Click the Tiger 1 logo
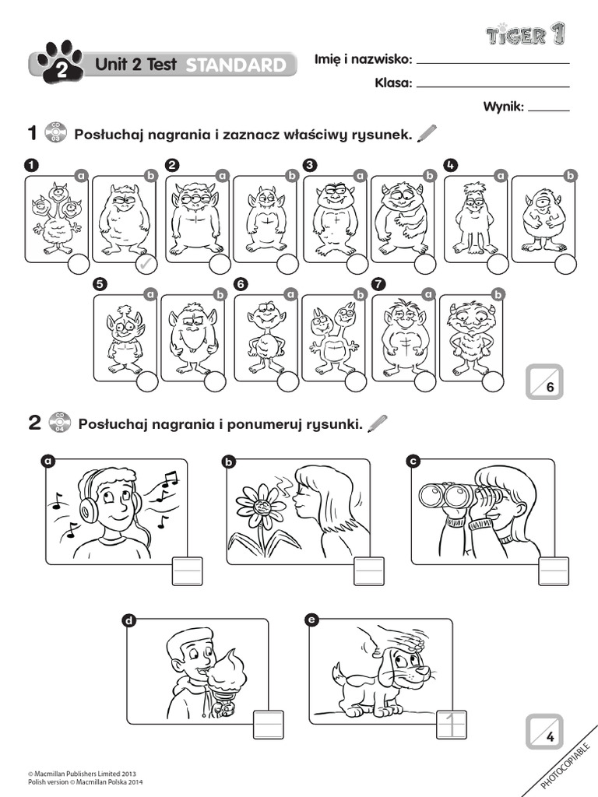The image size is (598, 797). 526,34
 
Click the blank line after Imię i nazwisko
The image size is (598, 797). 494,62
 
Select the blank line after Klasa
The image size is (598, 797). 494,86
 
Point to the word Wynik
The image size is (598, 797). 503,107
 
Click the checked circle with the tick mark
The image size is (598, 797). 145,265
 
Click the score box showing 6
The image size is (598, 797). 544,381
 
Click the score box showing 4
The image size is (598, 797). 544,731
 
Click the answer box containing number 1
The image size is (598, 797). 451,725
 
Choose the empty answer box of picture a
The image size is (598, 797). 187,571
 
